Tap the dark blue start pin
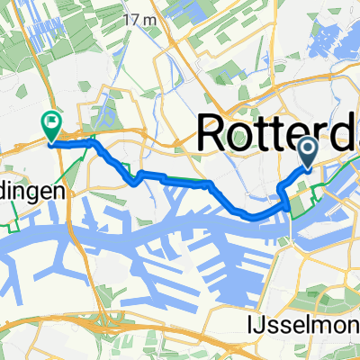point(306,152)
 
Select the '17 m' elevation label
point(138,19)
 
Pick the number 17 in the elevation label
point(131,19)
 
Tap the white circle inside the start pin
point(306,148)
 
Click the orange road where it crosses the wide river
point(291,225)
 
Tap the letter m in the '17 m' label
point(146,19)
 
